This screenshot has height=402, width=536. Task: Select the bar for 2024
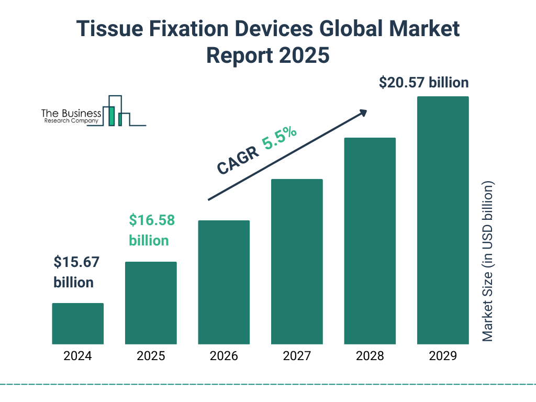(77, 323)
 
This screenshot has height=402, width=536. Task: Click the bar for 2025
(151, 303)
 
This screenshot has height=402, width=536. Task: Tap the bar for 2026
(224, 282)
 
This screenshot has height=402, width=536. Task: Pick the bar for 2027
(297, 262)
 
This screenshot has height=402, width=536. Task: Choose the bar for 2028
(370, 241)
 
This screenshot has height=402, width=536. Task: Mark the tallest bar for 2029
(443, 220)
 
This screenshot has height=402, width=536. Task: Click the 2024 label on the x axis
(77, 356)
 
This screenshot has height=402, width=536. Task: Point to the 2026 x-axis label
(224, 356)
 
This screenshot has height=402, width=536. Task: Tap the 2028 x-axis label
(370, 356)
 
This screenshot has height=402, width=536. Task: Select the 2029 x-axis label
(443, 356)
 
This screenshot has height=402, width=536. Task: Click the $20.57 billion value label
(424, 83)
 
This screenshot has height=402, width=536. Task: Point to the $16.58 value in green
(152, 220)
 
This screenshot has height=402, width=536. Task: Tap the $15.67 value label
(76, 262)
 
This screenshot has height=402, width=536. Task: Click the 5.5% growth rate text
(280, 138)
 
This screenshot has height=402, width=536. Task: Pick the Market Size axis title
(488, 262)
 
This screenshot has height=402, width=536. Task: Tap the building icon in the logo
(116, 111)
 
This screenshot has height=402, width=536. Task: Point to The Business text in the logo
(71, 114)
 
